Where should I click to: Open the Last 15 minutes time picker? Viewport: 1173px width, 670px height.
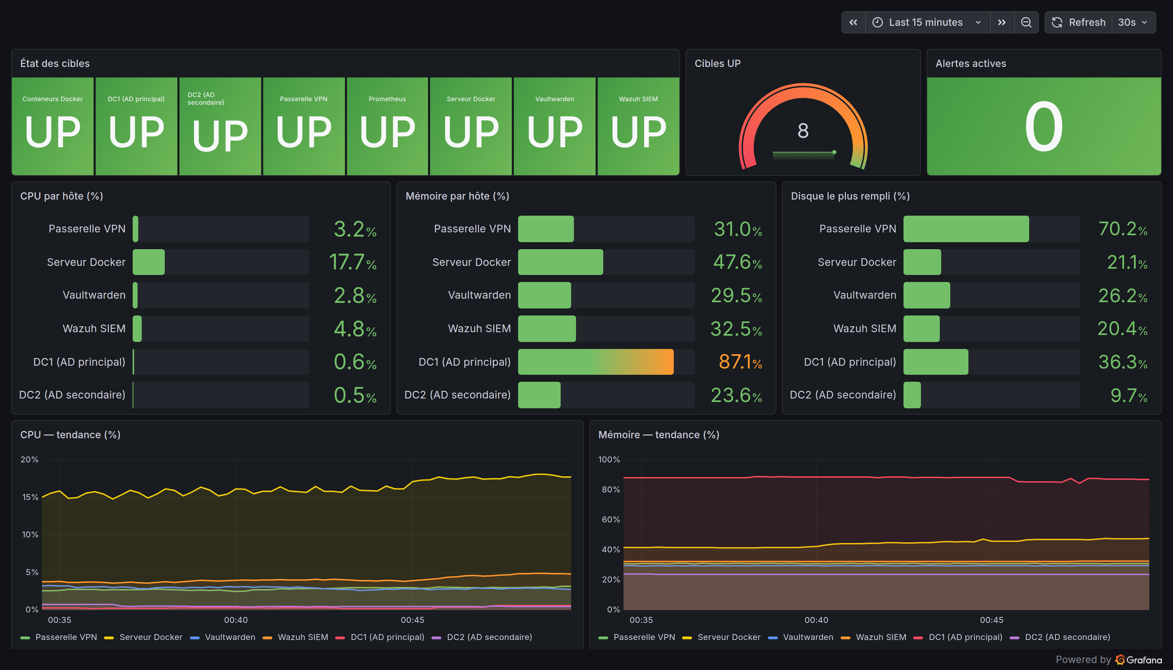pyautogui.click(x=927, y=22)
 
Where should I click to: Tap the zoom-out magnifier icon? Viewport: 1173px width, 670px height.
pyautogui.click(x=1026, y=22)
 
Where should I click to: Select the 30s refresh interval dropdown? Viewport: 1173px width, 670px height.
pyautogui.click(x=1133, y=22)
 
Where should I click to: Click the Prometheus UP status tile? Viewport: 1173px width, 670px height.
pyautogui.click(x=387, y=126)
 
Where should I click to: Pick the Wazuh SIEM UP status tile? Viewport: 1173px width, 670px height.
pyautogui.click(x=638, y=126)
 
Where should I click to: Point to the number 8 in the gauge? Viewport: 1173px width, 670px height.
pyautogui.click(x=803, y=131)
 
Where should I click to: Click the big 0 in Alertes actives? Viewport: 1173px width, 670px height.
pyautogui.click(x=1043, y=127)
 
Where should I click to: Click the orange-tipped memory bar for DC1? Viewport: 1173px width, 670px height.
pyautogui.click(x=596, y=362)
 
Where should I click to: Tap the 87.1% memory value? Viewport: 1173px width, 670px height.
pyautogui.click(x=740, y=362)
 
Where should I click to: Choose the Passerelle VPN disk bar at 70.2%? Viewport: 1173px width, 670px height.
pyautogui.click(x=966, y=229)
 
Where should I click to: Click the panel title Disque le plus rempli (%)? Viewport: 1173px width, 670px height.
pyautogui.click(x=850, y=196)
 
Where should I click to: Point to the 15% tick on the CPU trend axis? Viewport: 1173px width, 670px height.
pyautogui.click(x=30, y=497)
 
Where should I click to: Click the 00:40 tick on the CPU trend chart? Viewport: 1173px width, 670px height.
pyautogui.click(x=236, y=620)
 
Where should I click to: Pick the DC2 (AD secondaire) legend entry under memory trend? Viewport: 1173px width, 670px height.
pyautogui.click(x=1060, y=637)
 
